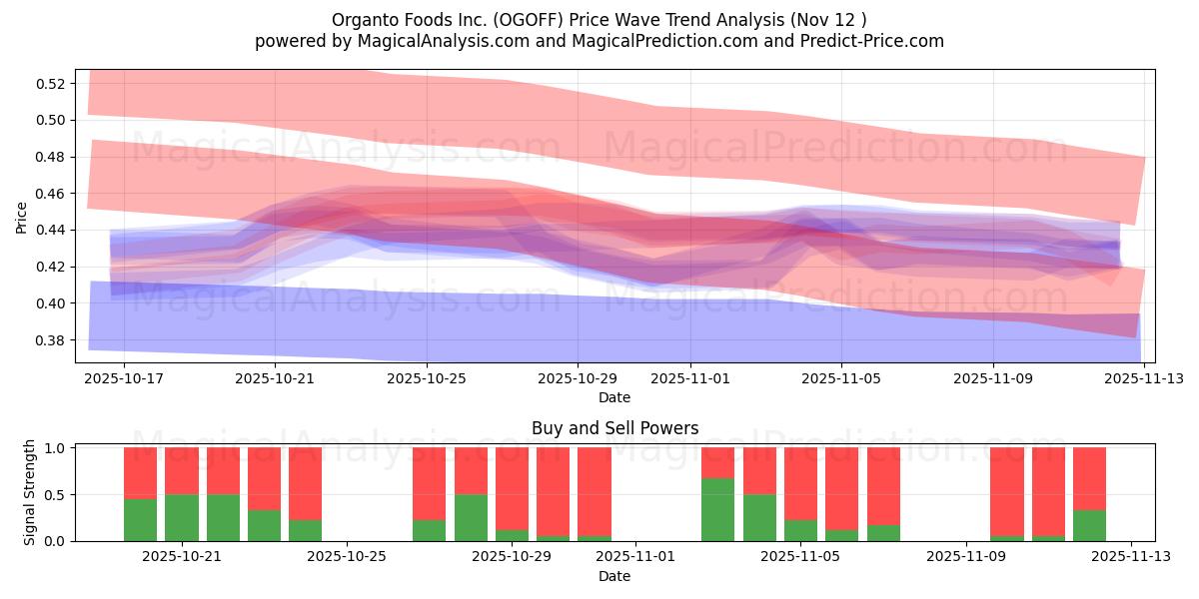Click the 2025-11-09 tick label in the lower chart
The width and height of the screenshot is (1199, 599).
pyautogui.click(x=967, y=557)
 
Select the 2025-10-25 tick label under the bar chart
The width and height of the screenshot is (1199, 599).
pyautogui.click(x=346, y=557)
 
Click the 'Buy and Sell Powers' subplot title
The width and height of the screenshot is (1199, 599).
pyautogui.click(x=613, y=428)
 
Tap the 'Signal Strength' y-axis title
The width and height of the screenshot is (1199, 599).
pyautogui.click(x=30, y=492)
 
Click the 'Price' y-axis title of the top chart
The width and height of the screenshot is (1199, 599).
pyautogui.click(x=22, y=218)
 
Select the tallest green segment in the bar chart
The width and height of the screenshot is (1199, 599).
pyautogui.click(x=717, y=509)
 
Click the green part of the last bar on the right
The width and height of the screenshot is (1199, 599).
pyautogui.click(x=1089, y=525)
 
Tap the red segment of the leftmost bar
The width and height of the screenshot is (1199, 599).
pyautogui.click(x=140, y=472)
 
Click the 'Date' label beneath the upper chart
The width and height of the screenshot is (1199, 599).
pyautogui.click(x=613, y=397)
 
